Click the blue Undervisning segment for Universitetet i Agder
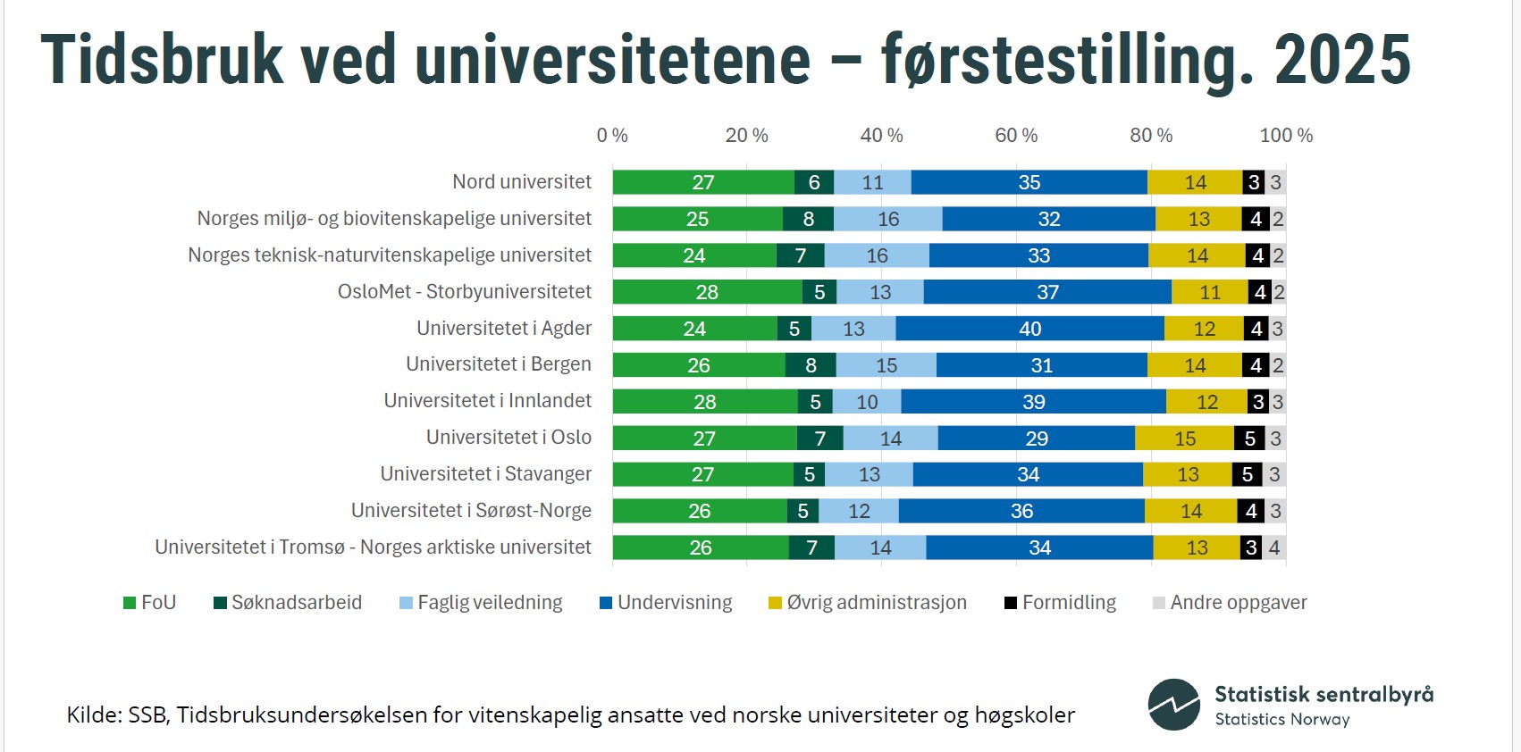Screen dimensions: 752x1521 click(1029, 329)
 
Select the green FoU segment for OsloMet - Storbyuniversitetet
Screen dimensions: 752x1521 click(707, 292)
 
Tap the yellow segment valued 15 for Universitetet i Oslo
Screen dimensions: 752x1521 click(1184, 439)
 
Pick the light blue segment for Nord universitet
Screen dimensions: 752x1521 click(872, 182)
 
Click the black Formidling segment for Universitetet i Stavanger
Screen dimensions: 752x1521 click(1247, 474)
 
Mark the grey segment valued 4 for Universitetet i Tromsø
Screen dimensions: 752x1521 click(1273, 547)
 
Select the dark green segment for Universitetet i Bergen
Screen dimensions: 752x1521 click(811, 365)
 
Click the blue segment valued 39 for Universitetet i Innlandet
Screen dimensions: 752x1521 click(1033, 402)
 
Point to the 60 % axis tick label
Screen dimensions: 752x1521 click(1016, 136)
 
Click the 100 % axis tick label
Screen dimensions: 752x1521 click(1285, 136)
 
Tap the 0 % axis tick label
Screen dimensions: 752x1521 click(612, 136)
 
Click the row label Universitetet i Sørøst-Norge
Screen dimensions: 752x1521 click(471, 511)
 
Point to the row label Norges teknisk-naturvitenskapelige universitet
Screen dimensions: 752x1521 click(390, 255)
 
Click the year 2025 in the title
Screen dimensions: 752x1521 click(1341, 61)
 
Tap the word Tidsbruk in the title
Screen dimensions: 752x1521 click(162, 61)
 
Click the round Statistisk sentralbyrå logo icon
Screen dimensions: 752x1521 click(1173, 705)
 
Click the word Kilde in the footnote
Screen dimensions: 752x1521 click(92, 715)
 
